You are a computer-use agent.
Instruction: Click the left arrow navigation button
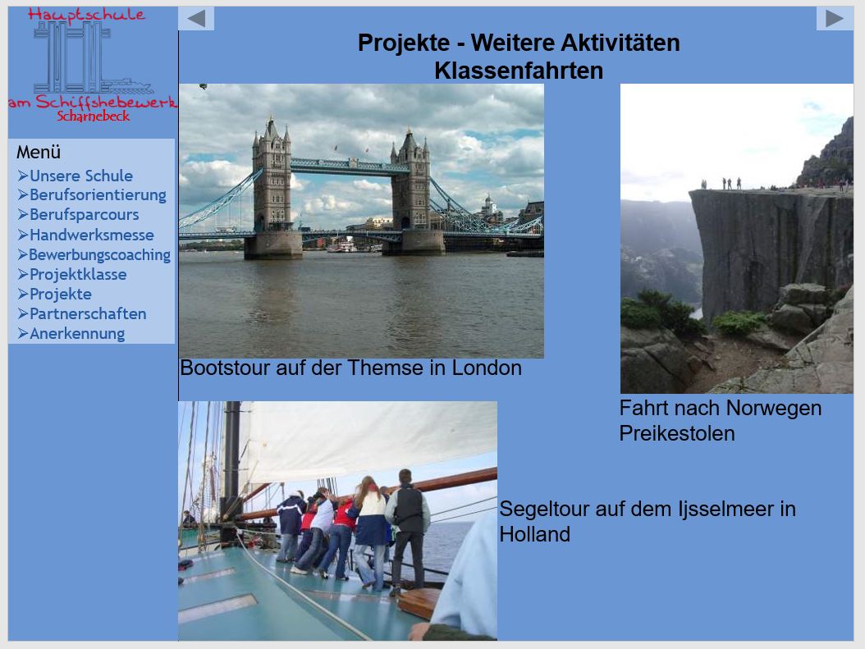tap(196, 19)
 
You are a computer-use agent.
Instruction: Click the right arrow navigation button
tap(834, 19)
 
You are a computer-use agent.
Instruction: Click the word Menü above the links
tap(39, 152)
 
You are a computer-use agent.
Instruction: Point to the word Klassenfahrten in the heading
tap(519, 71)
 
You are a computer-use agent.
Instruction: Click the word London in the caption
tap(487, 368)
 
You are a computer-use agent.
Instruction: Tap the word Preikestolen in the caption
tap(677, 433)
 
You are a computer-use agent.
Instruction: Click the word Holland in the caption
tap(534, 534)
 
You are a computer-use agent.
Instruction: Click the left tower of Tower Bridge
tap(272, 182)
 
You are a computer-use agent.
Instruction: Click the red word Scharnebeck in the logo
tap(94, 117)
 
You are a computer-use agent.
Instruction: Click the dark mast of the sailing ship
tap(231, 468)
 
